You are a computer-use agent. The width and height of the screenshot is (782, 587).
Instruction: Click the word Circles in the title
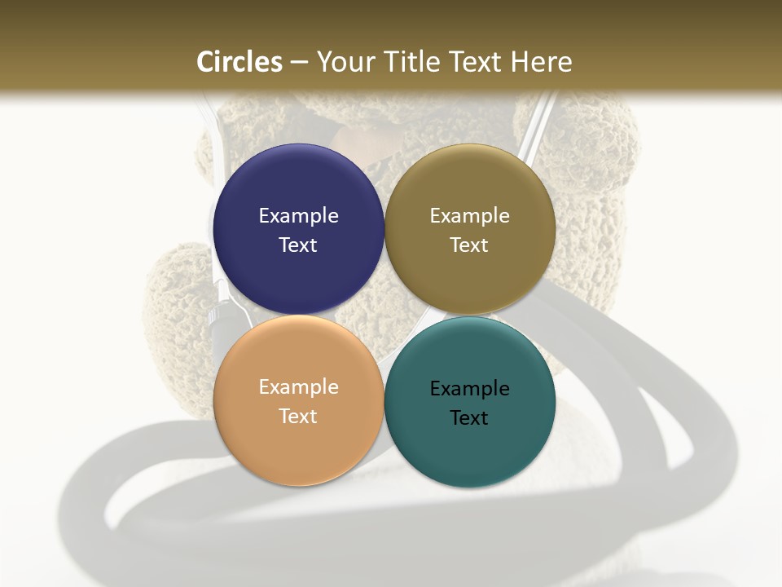coord(239,62)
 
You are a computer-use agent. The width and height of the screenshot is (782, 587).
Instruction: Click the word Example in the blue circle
coord(298,216)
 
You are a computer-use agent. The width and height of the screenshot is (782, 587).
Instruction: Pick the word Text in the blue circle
coord(298,245)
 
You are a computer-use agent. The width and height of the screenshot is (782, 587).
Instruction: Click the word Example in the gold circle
coord(469,216)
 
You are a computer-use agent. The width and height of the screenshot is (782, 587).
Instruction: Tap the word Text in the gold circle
coord(469,245)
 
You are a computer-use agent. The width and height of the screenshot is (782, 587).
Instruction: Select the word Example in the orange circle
coord(298,387)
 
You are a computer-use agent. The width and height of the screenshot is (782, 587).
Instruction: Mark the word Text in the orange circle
coord(298,416)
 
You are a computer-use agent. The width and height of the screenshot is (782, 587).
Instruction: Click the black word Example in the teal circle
coord(469,389)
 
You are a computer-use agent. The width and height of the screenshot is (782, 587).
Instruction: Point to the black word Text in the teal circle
coord(469,417)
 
